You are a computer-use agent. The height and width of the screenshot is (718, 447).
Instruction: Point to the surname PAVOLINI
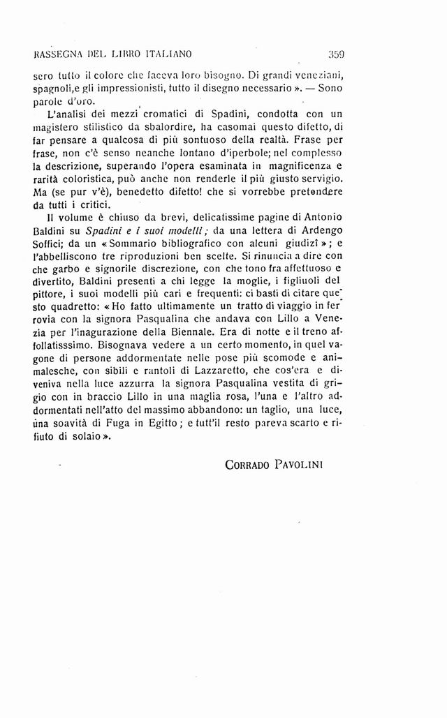pos(312,465)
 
